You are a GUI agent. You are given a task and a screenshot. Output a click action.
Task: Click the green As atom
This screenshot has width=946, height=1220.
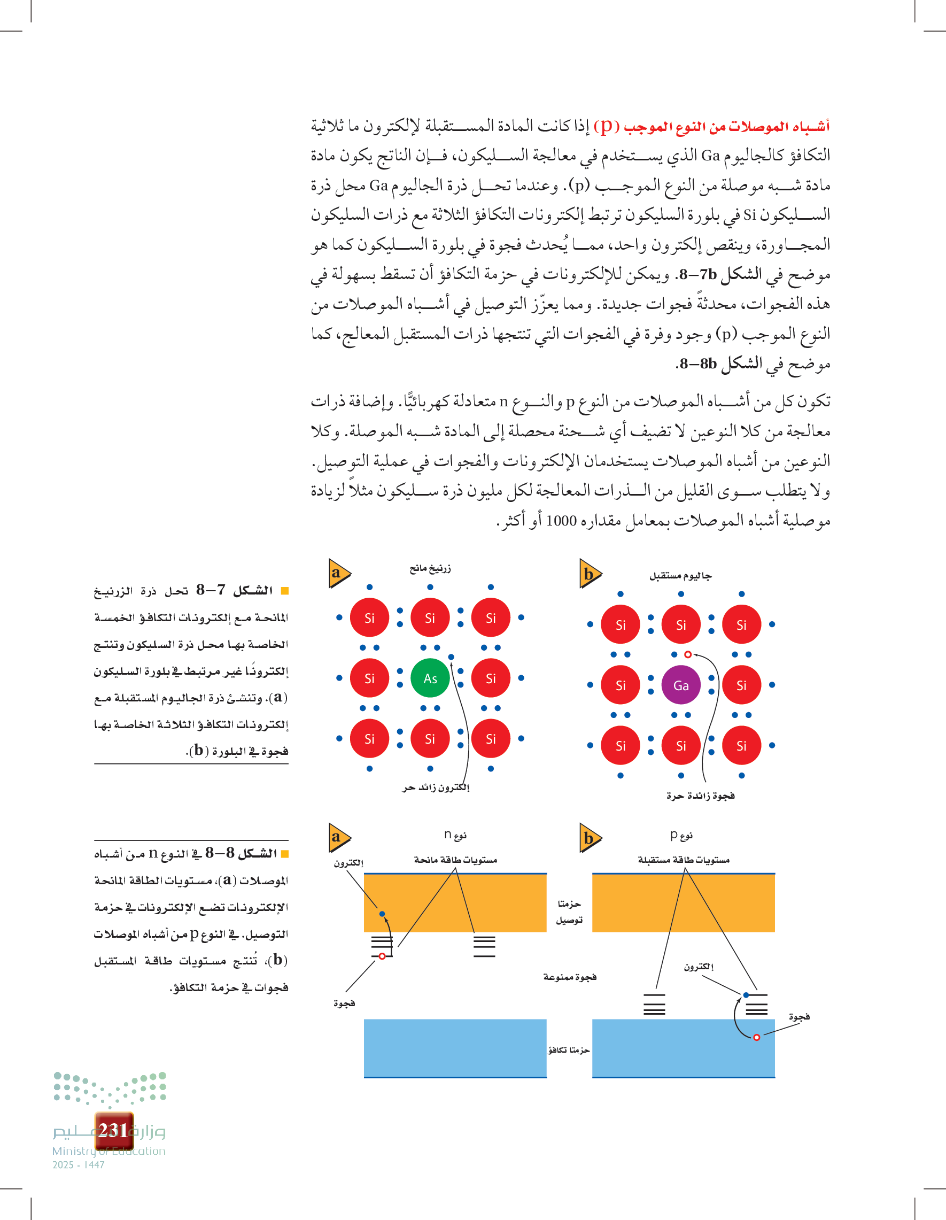[x=430, y=678]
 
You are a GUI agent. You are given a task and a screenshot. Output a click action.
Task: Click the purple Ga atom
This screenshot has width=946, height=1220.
[x=681, y=685]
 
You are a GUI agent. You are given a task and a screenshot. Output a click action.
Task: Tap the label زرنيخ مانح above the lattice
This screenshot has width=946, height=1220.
[x=430, y=569]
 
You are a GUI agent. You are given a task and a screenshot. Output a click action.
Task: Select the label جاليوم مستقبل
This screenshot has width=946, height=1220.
[x=680, y=576]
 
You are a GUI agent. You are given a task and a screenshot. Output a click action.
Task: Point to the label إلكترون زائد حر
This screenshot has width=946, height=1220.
[x=436, y=787]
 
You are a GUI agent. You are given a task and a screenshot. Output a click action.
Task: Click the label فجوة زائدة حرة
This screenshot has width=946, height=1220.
[x=700, y=796]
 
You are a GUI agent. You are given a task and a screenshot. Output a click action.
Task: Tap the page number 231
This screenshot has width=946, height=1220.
[x=114, y=1130]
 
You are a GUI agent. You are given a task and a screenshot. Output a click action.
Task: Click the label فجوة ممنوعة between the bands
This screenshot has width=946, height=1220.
[x=570, y=976]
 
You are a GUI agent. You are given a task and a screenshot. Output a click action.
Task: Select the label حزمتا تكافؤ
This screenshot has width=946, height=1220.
[x=569, y=1050]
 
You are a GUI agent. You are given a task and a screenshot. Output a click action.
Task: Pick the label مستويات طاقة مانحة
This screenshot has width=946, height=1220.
[x=455, y=860]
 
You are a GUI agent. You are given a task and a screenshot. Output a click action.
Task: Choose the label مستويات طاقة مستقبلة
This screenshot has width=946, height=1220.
[x=684, y=860]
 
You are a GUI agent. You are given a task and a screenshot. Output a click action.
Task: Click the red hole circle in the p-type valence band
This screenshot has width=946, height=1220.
[x=756, y=1037]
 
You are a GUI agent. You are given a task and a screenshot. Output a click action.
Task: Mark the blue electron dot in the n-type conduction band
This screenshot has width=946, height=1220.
[x=382, y=914]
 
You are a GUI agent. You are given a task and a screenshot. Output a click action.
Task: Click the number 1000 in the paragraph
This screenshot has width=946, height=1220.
[x=561, y=521]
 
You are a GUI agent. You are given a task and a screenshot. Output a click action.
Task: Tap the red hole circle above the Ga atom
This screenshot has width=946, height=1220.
[x=688, y=654]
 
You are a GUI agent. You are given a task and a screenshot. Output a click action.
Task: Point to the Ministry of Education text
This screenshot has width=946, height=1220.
[x=109, y=1150]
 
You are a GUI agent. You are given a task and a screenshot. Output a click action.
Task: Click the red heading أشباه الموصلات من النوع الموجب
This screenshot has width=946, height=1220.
[x=726, y=127]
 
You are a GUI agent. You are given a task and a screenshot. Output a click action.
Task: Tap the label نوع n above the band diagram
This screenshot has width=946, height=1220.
[x=455, y=835]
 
